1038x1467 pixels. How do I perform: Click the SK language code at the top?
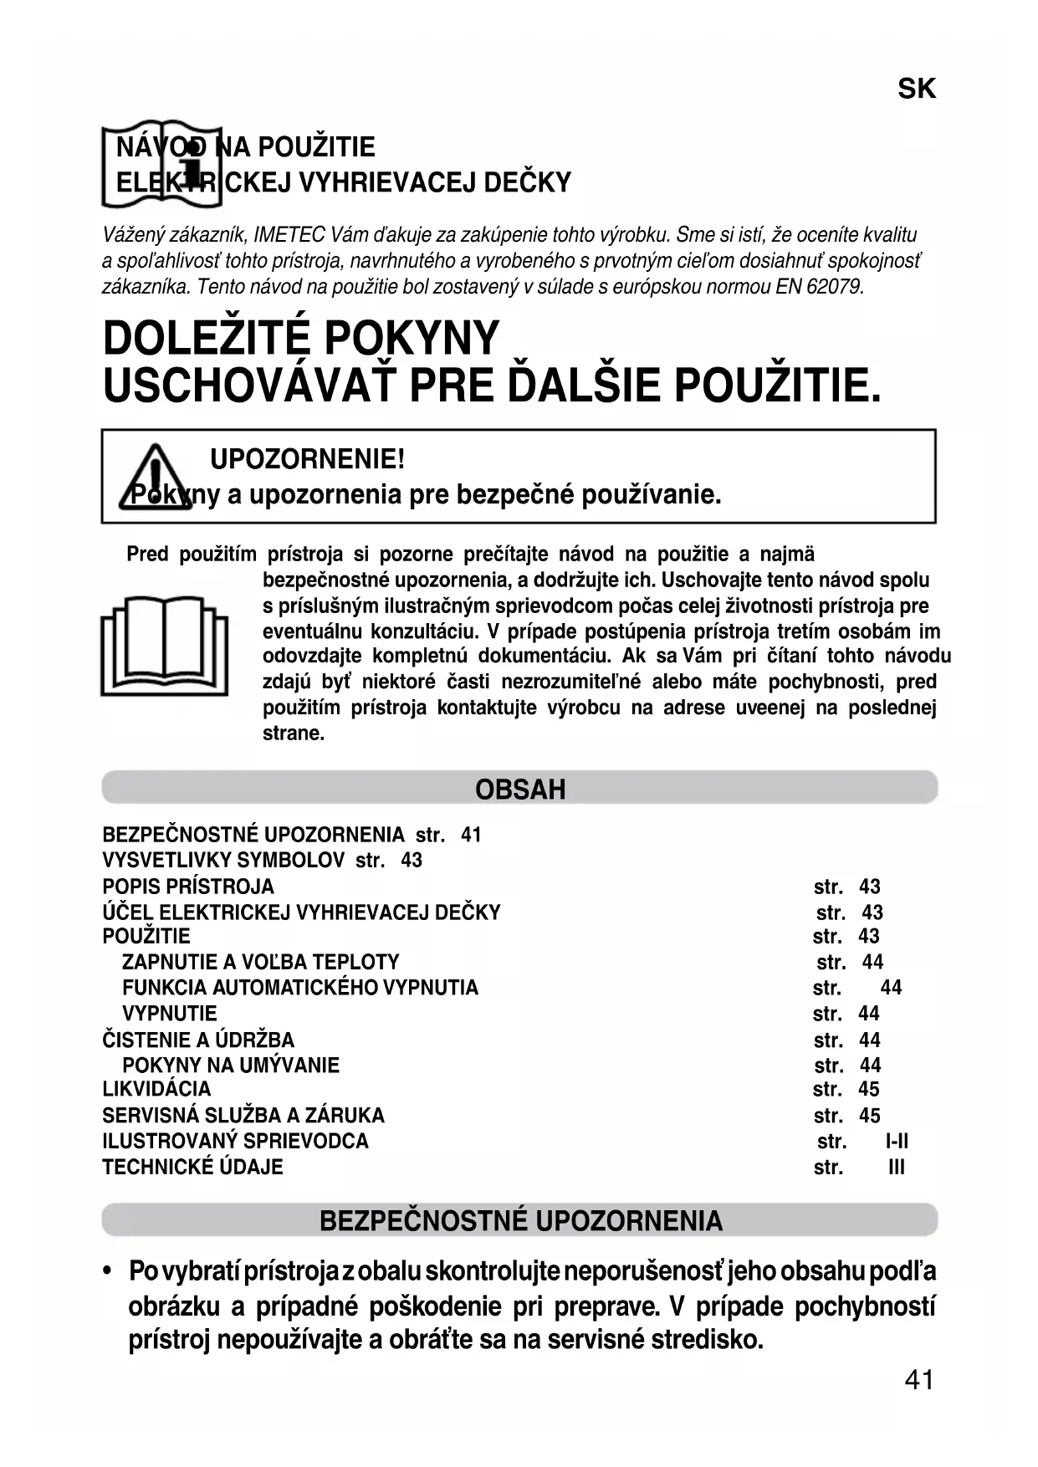(x=917, y=89)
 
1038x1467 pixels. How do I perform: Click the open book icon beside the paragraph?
(x=164, y=645)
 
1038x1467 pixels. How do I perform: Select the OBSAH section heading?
(x=519, y=789)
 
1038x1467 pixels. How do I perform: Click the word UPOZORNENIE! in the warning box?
(x=307, y=459)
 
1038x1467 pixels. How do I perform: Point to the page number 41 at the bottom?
(x=918, y=1380)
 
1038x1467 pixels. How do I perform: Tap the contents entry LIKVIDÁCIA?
(x=156, y=1089)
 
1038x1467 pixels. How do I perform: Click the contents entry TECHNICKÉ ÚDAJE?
(x=192, y=1167)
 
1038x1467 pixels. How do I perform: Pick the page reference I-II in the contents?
(x=897, y=1142)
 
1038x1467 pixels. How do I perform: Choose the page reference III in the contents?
(x=897, y=1168)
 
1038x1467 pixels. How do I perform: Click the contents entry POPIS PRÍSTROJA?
(x=188, y=887)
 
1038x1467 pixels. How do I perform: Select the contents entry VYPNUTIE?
(x=170, y=1014)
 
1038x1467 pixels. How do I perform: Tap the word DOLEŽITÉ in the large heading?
(x=207, y=339)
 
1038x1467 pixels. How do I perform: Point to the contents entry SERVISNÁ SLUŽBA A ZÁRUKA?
(x=243, y=1116)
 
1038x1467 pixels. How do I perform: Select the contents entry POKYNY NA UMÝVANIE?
(x=231, y=1066)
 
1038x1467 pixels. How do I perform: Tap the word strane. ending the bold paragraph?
(x=294, y=733)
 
